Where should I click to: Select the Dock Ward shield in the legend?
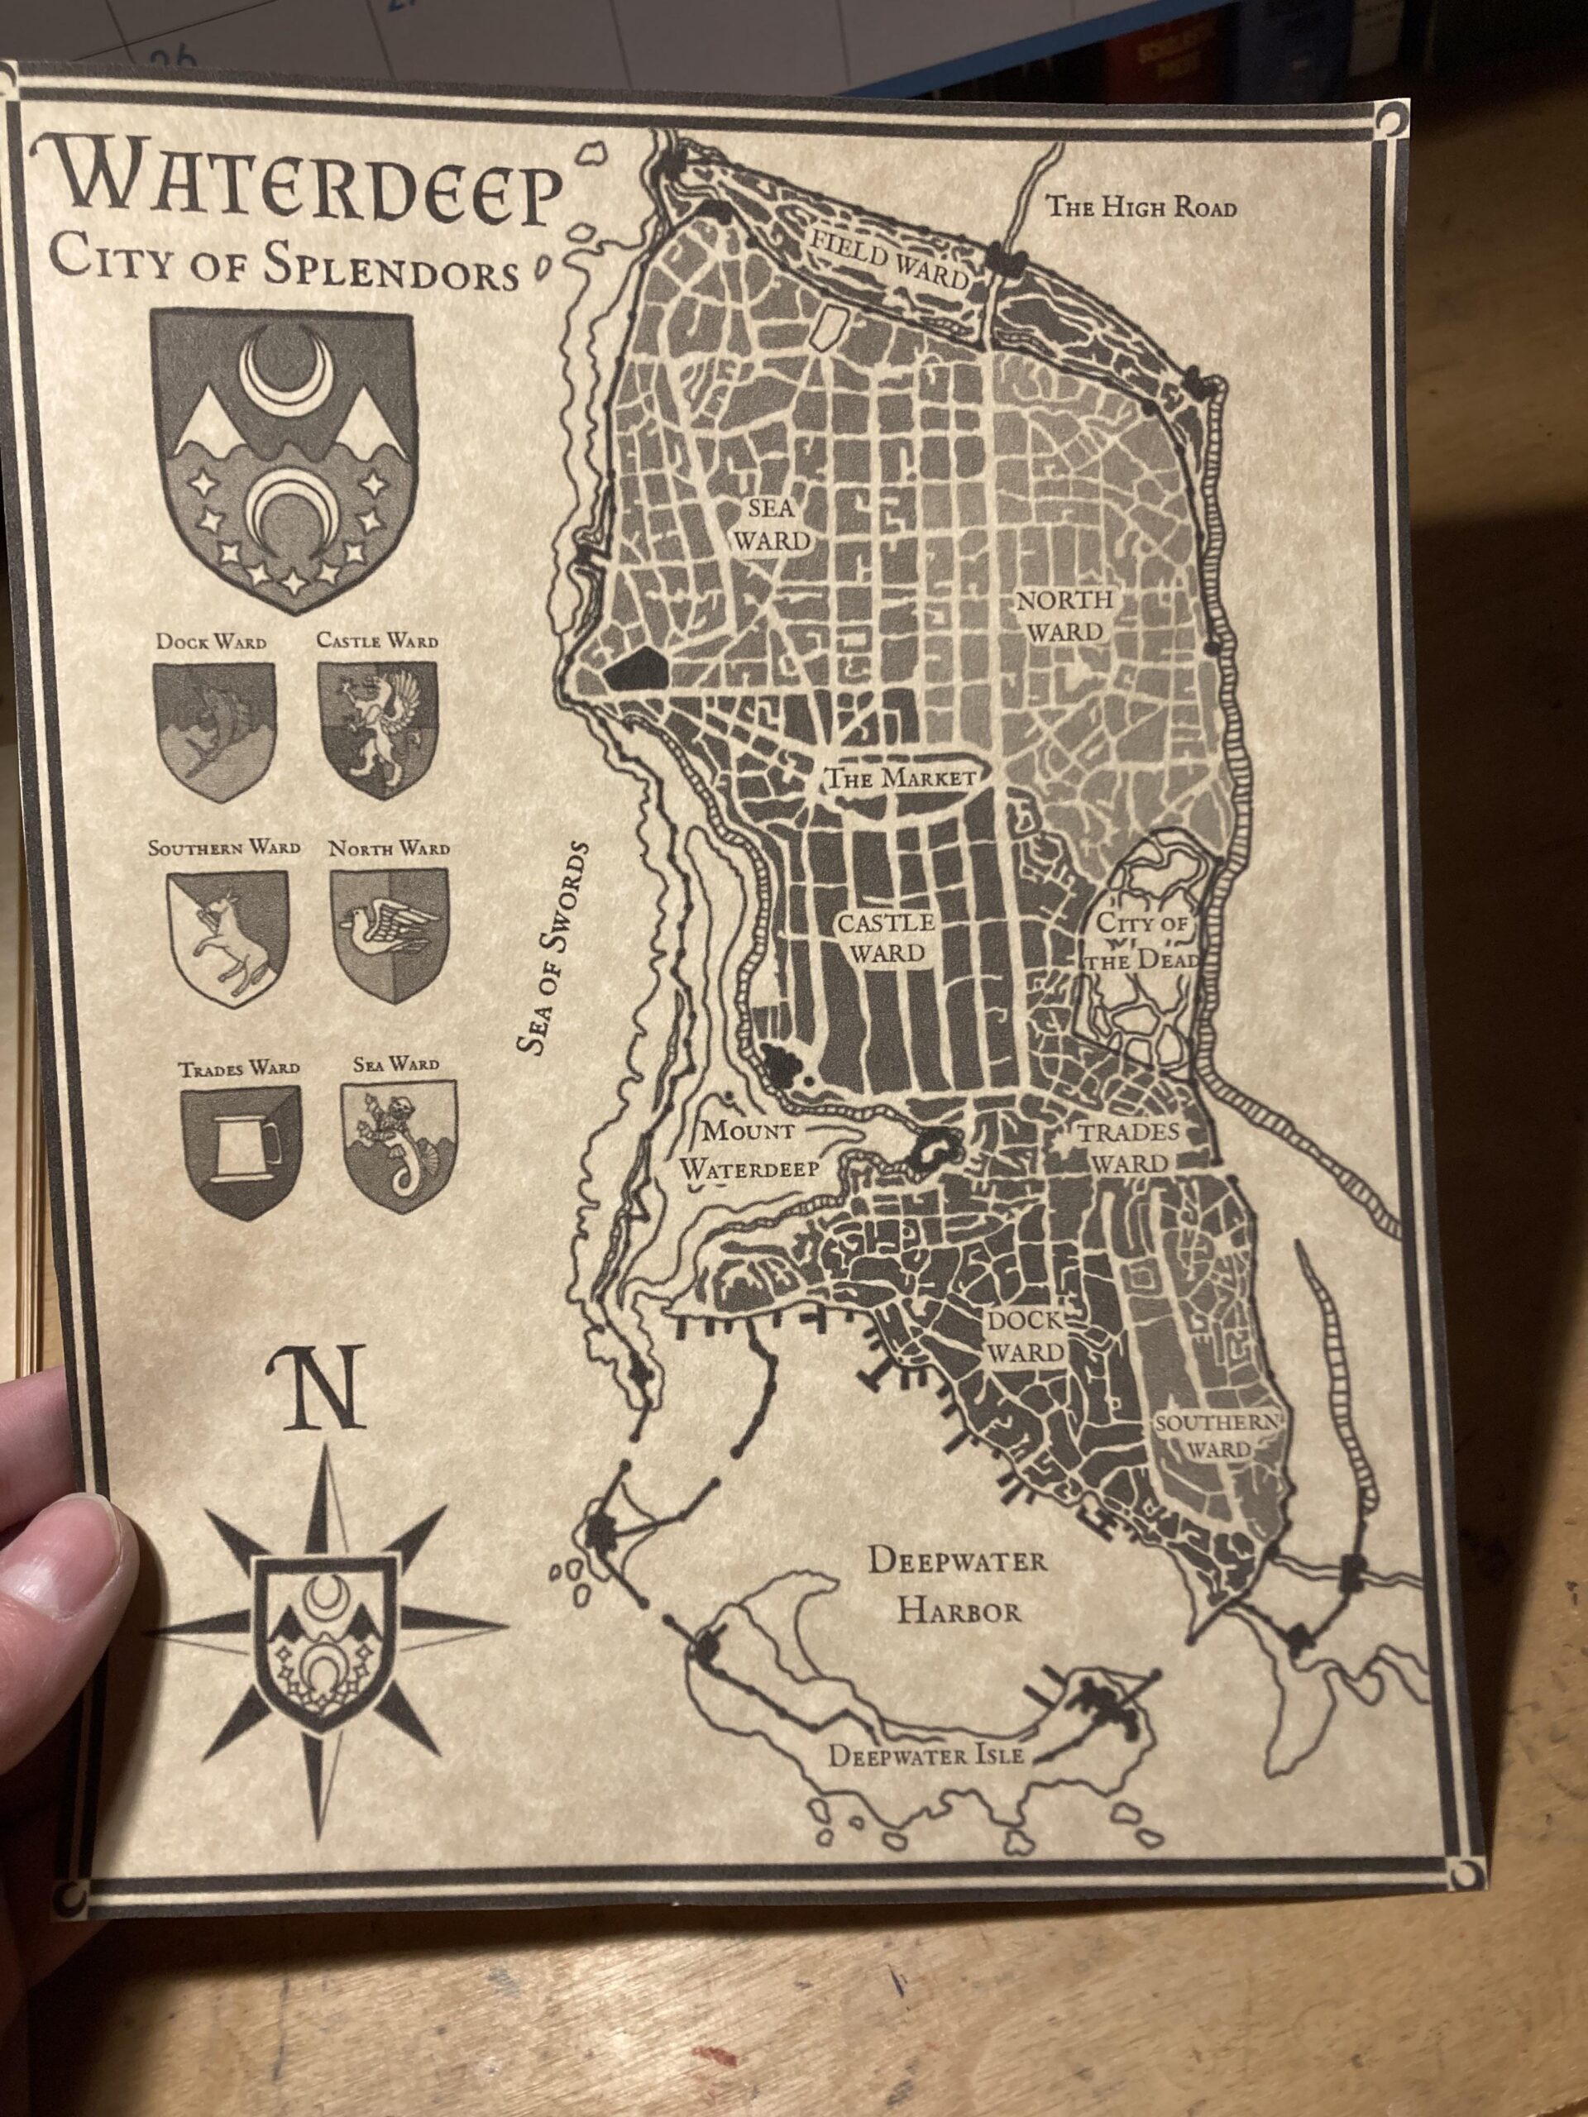click(213, 731)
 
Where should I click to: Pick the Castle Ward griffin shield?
click(377, 729)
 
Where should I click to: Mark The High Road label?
click(1140, 206)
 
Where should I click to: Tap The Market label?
click(900, 777)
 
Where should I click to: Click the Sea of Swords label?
click(554, 948)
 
